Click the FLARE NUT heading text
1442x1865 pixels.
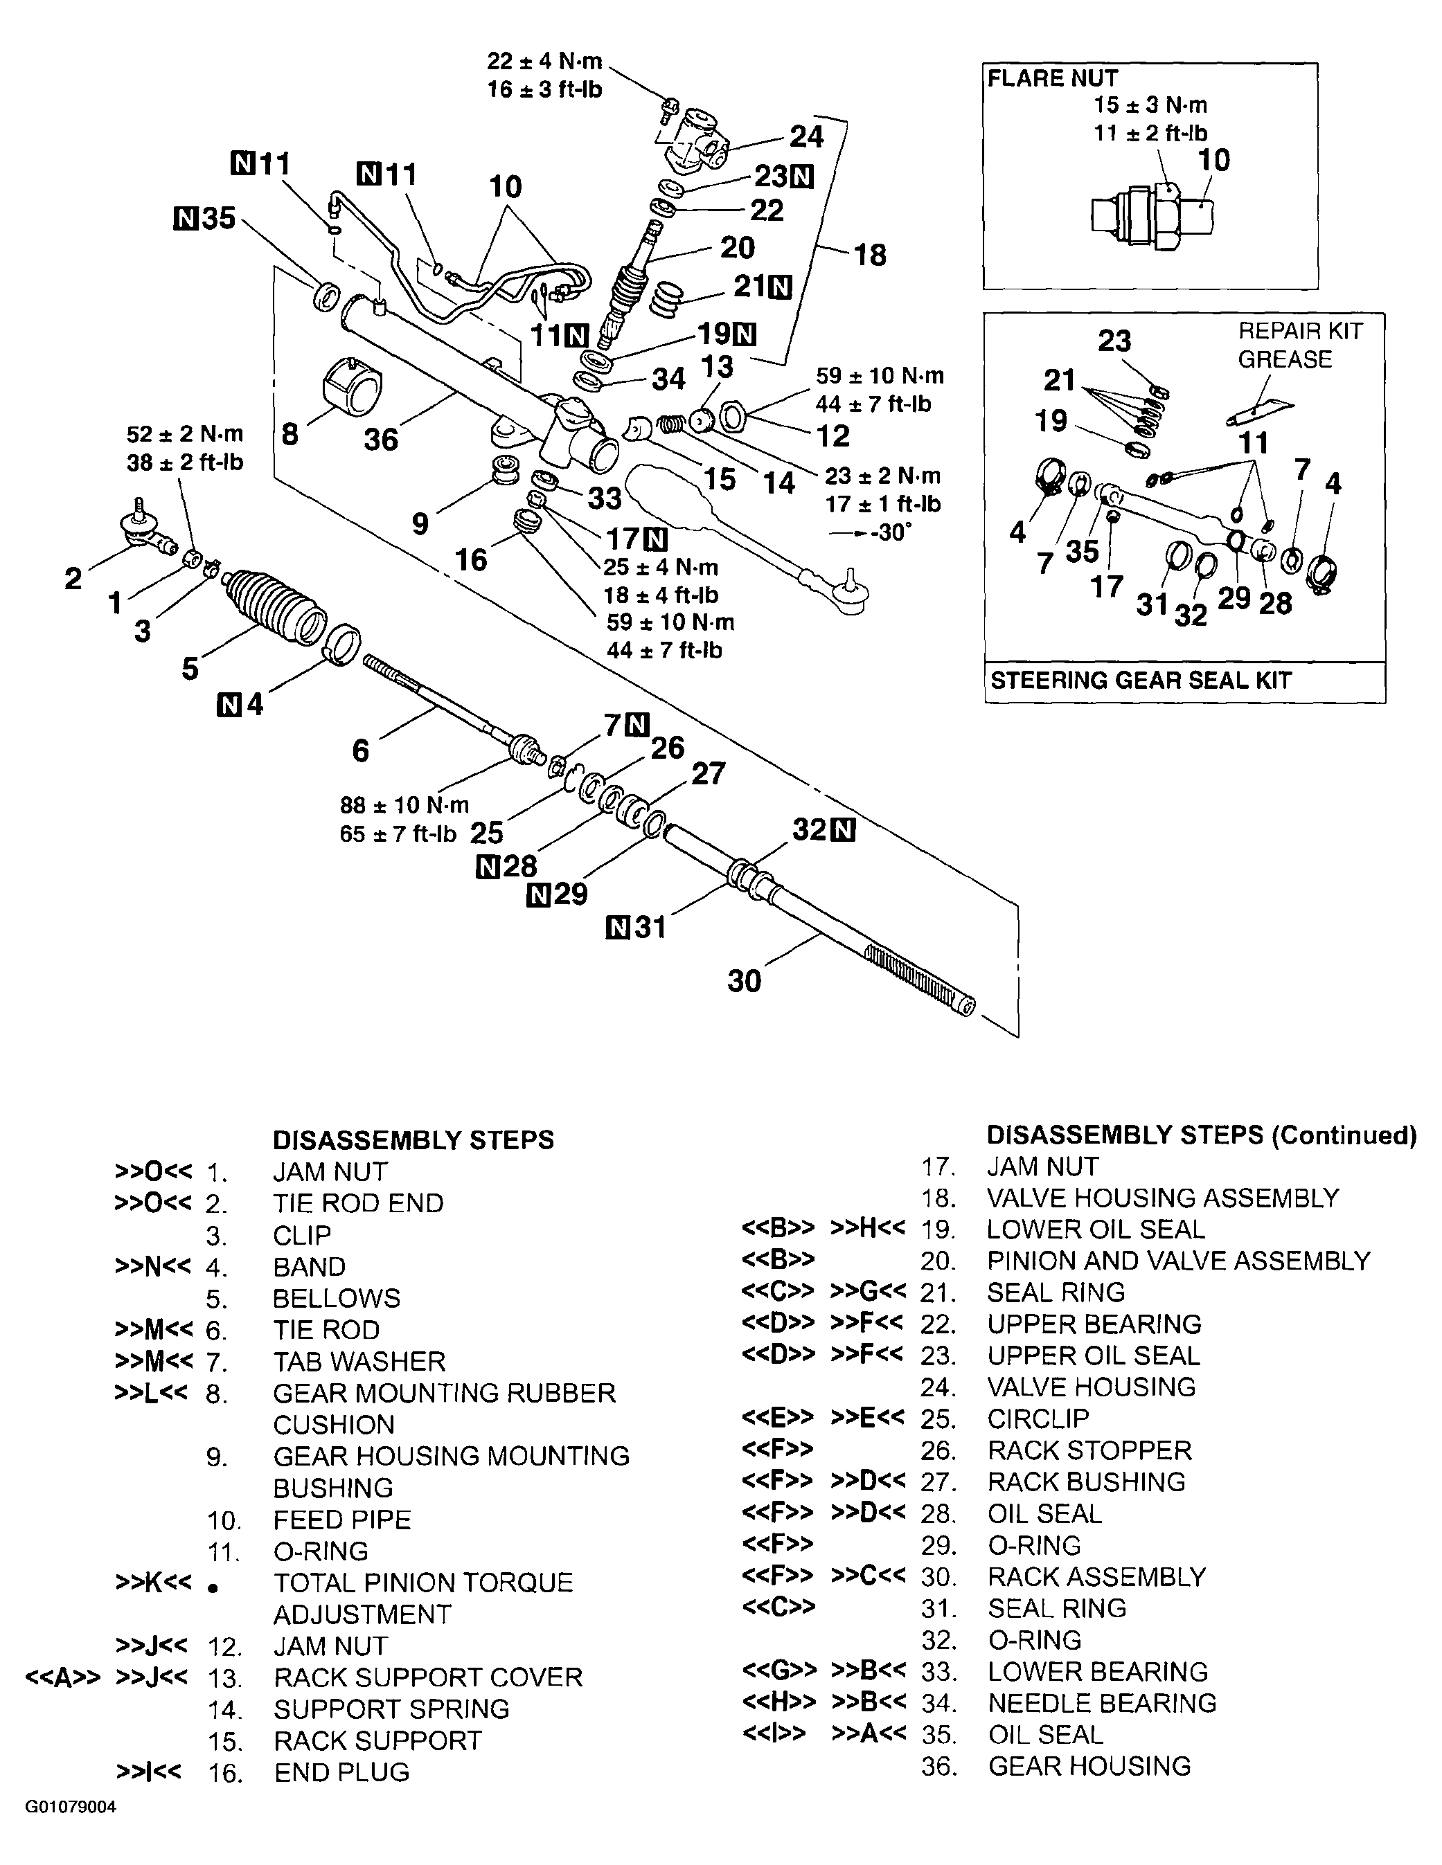pyautogui.click(x=1053, y=78)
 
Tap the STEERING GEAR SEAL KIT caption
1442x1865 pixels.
pyautogui.click(x=1141, y=681)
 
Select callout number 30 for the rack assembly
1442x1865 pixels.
pyautogui.click(x=743, y=980)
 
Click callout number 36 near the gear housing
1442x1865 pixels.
pyautogui.click(x=381, y=439)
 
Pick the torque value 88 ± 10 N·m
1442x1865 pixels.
pyautogui.click(x=404, y=805)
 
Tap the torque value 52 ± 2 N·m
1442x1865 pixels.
pyautogui.click(x=184, y=434)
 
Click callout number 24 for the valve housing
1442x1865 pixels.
pyautogui.click(x=805, y=136)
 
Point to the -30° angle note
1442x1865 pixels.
pyautogui.click(x=882, y=531)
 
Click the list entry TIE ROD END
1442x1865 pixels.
pyautogui.click(x=358, y=1203)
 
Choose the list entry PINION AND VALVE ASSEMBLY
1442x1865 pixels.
pyautogui.click(x=1178, y=1261)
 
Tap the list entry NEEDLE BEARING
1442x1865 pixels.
pyautogui.click(x=1102, y=1703)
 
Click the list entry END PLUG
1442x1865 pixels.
pyautogui.click(x=341, y=1772)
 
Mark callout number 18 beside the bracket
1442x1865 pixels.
pyautogui.click(x=870, y=255)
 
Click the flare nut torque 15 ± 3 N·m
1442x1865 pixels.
pyautogui.click(x=1150, y=105)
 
